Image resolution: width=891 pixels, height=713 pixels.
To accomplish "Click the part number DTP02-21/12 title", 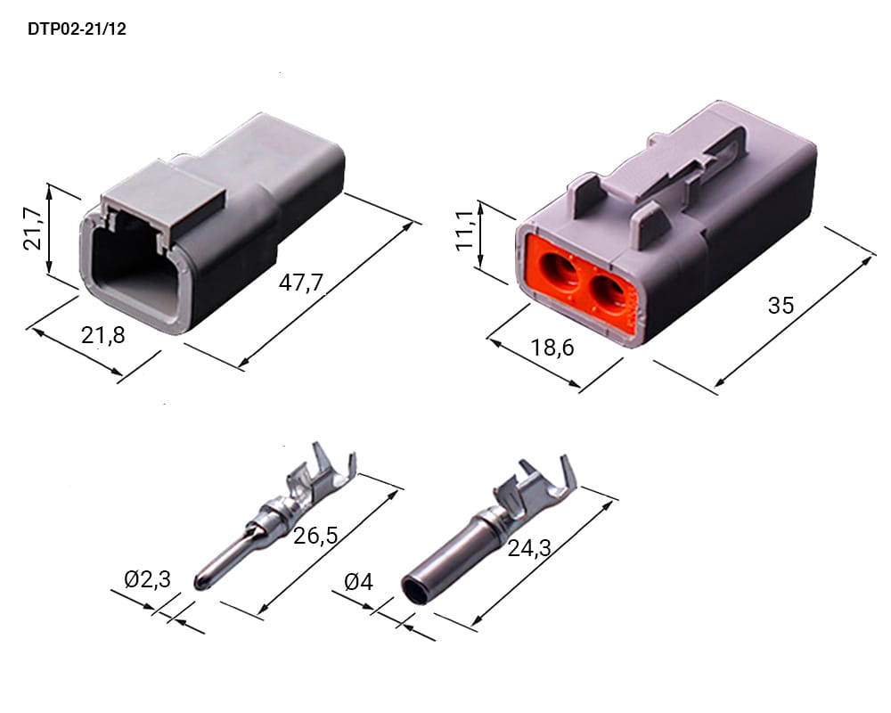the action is [77, 29].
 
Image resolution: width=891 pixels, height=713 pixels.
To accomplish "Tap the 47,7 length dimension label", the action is [300, 282].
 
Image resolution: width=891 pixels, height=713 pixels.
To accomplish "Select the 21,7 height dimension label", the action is [32, 228].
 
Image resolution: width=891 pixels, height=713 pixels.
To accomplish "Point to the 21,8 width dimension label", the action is [102, 335].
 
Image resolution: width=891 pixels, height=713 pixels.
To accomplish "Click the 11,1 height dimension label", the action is [464, 229].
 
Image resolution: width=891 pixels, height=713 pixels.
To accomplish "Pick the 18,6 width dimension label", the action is [552, 347].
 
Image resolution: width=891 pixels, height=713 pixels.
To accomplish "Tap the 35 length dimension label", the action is [781, 306].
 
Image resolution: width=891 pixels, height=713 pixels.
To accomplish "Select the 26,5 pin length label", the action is [315, 535].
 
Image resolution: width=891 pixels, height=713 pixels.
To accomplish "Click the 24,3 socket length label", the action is [529, 548].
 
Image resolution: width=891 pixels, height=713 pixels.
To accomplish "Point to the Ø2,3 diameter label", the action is [147, 579].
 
